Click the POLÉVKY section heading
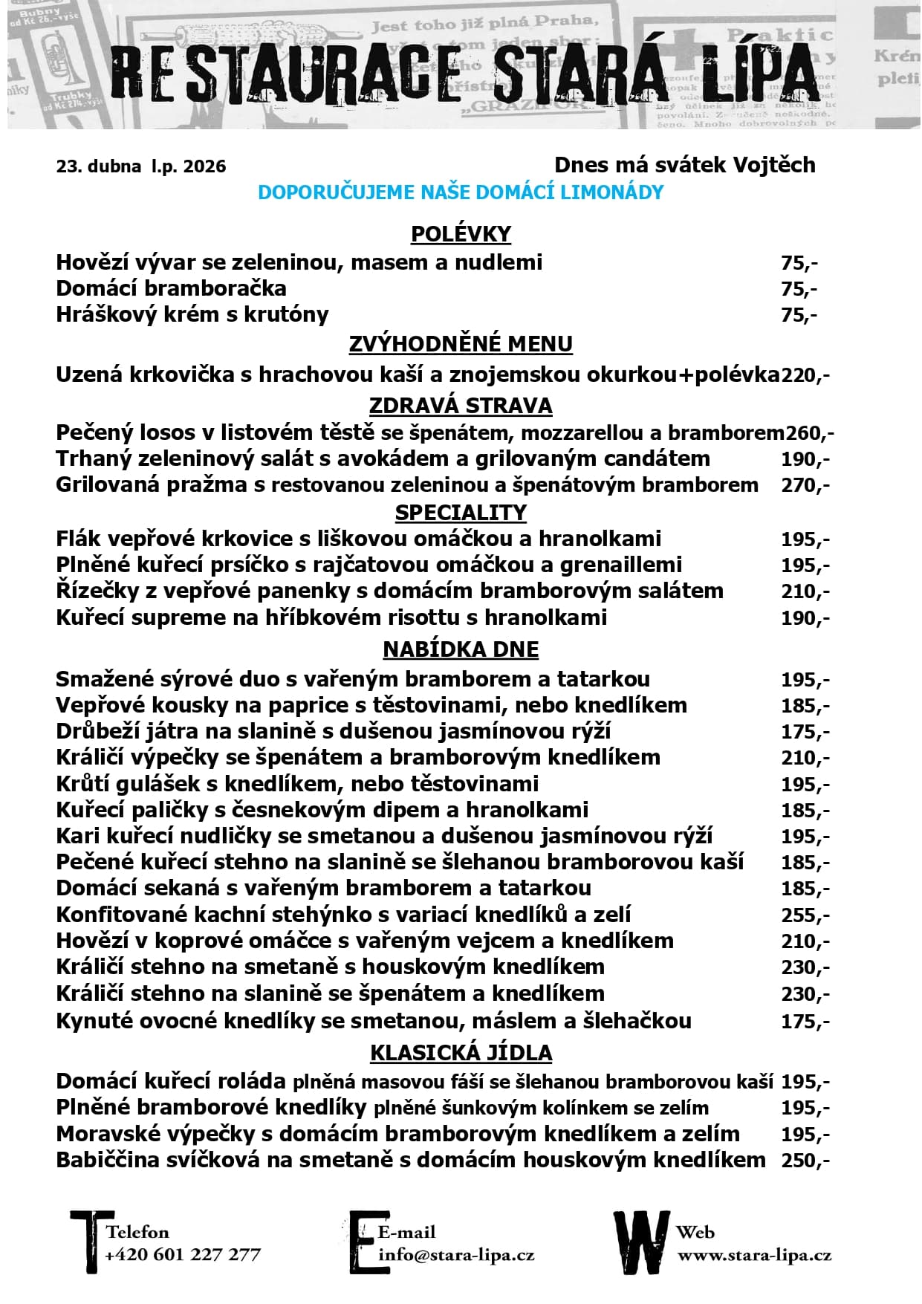pyautogui.click(x=461, y=234)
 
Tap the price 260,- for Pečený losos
pyautogui.click(x=810, y=433)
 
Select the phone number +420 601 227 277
pyautogui.click(x=183, y=1255)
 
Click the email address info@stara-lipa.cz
pyautogui.click(x=456, y=1255)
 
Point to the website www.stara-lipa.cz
pyautogui.click(x=754, y=1256)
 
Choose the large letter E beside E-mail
pyautogui.click(x=363, y=1242)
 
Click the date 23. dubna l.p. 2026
pyautogui.click(x=141, y=166)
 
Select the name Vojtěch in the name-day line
pyautogui.click(x=773, y=165)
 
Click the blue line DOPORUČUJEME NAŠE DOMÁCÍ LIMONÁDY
pyautogui.click(x=461, y=192)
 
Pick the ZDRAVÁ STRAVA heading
pyautogui.click(x=461, y=406)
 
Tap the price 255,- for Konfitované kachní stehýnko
pyautogui.click(x=805, y=915)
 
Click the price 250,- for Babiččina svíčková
pyautogui.click(x=805, y=1161)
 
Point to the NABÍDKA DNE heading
pyautogui.click(x=461, y=649)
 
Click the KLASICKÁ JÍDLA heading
pyautogui.click(x=461, y=1053)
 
